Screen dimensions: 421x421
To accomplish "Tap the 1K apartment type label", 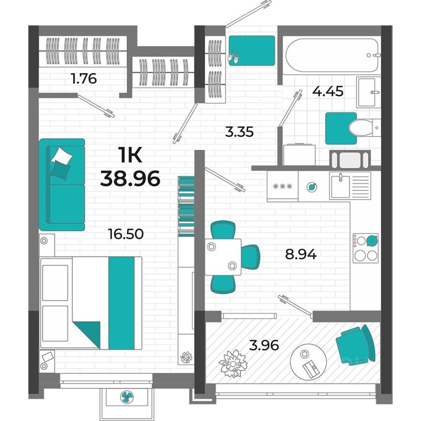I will (x=130, y=155).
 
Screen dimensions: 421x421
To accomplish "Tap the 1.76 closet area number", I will (x=84, y=78).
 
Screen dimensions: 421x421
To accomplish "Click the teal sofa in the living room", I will (x=62, y=184).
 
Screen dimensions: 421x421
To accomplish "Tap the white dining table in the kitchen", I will (x=222, y=256).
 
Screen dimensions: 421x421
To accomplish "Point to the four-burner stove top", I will (x=366, y=248).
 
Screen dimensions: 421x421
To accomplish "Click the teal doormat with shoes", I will (x=251, y=50).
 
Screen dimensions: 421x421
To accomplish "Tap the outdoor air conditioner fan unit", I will (x=127, y=397).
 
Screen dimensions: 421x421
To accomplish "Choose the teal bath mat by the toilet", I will (x=341, y=128).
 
